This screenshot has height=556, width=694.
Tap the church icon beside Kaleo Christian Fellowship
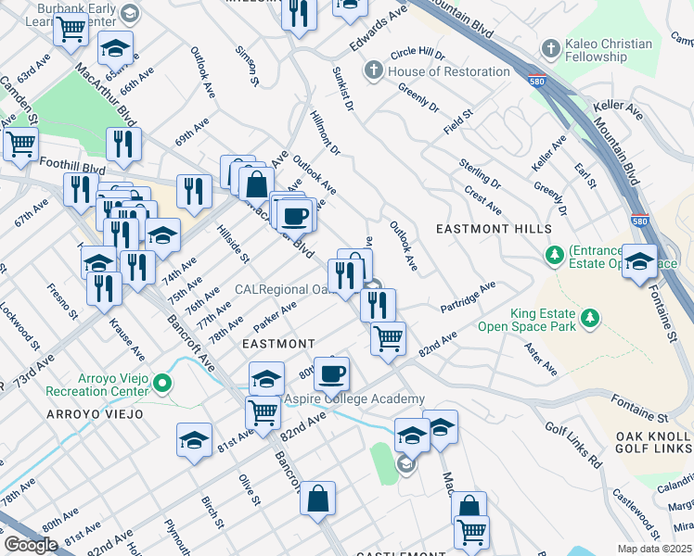click(x=551, y=47)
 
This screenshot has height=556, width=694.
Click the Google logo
click(x=31, y=545)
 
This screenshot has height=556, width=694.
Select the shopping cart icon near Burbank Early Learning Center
click(x=71, y=29)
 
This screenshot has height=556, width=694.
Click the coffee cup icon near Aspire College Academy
click(x=332, y=373)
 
